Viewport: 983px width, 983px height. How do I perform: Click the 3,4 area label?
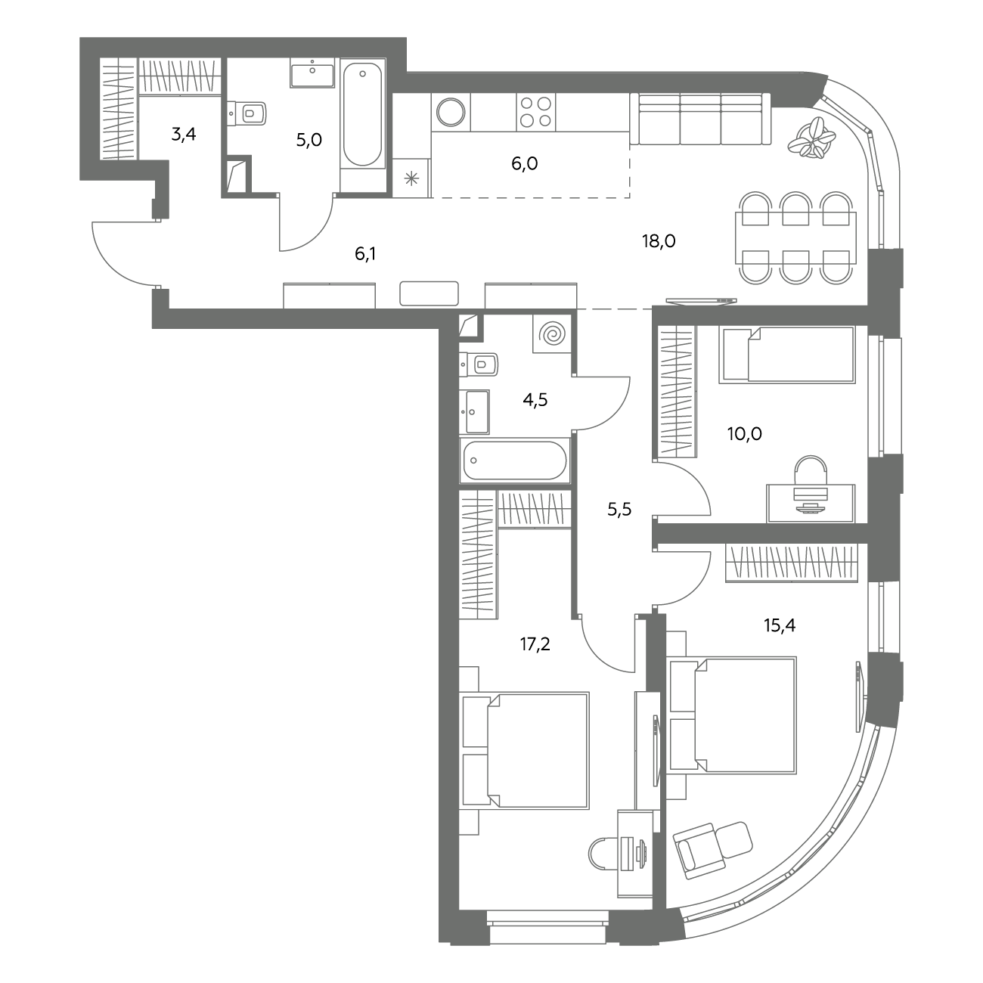tap(184, 135)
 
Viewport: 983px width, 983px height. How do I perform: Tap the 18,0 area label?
tap(659, 240)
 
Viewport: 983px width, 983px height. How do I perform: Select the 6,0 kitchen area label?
tap(525, 164)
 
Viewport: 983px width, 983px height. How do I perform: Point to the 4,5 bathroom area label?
tap(535, 400)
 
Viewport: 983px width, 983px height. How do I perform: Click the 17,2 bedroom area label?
tap(535, 644)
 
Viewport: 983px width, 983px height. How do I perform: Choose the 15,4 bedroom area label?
tap(780, 625)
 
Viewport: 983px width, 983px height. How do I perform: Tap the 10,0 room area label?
tap(744, 434)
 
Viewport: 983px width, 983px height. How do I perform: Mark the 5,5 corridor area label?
tap(619, 509)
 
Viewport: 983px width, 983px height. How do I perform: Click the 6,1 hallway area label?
tap(365, 253)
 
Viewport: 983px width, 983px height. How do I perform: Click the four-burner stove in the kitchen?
tap(535, 112)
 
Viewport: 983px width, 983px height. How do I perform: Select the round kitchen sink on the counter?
tap(451, 112)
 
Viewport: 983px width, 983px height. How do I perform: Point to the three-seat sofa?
tap(700, 119)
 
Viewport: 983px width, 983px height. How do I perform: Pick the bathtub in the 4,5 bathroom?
tap(515, 460)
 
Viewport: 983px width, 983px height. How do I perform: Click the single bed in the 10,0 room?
tap(786, 355)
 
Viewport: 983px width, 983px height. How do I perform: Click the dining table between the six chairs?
tap(795, 238)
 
